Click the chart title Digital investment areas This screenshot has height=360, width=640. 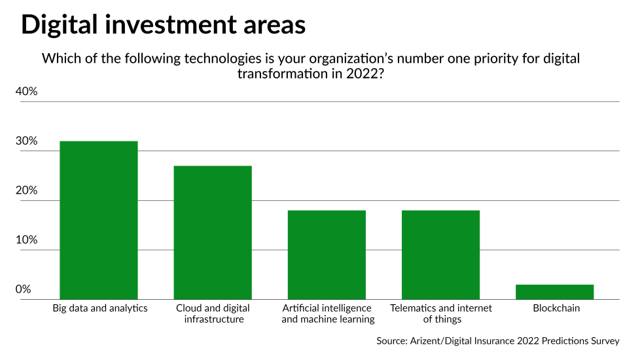pyautogui.click(x=163, y=24)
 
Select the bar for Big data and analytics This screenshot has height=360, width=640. pyautogui.click(x=98, y=220)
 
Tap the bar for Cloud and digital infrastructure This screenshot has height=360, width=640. pyautogui.click(x=212, y=232)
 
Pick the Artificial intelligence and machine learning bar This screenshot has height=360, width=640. pyautogui.click(x=327, y=255)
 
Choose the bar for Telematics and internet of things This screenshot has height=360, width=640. pyautogui.click(x=440, y=255)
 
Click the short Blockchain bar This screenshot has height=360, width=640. pyautogui.click(x=555, y=292)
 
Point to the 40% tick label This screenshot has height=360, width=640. pyautogui.click(x=27, y=92)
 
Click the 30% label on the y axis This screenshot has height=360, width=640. pyautogui.click(x=27, y=141)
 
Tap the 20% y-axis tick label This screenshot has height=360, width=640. pyautogui.click(x=27, y=191)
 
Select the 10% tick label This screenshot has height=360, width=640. pyautogui.click(x=27, y=240)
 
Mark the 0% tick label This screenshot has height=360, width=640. pyautogui.click(x=24, y=289)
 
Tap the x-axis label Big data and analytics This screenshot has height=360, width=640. pyautogui.click(x=100, y=308)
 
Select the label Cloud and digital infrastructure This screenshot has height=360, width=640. pyautogui.click(x=213, y=314)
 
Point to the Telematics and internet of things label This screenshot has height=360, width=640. pyautogui.click(x=441, y=314)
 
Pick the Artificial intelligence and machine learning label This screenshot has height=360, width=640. pyautogui.click(x=328, y=314)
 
